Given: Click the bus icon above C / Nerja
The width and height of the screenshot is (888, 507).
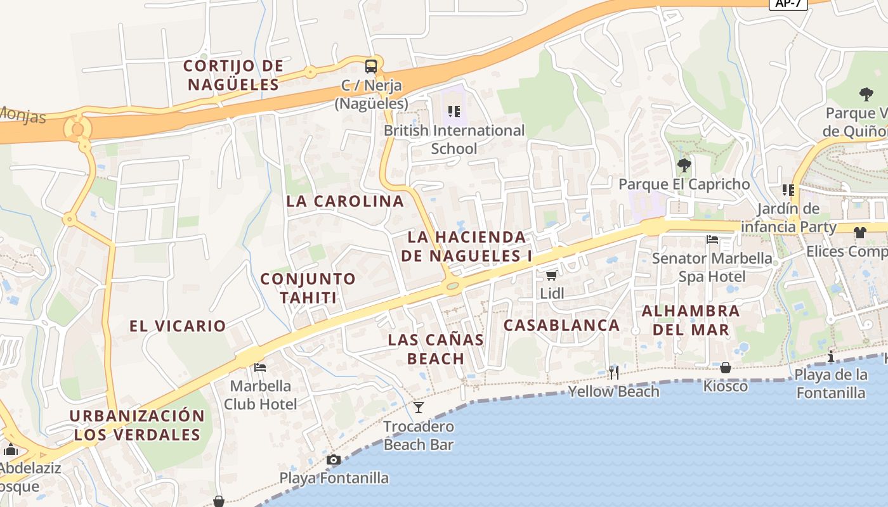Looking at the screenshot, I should pyautogui.click(x=370, y=66).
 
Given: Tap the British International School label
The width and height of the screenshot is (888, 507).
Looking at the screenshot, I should pyautogui.click(x=454, y=139).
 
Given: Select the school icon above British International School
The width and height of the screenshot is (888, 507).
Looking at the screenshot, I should pyautogui.click(x=454, y=112).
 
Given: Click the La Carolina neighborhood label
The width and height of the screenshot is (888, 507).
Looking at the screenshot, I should pyautogui.click(x=345, y=202).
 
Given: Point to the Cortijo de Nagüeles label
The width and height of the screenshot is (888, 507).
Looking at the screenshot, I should pyautogui.click(x=233, y=75).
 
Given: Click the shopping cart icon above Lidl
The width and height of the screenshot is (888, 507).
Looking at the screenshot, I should pyautogui.click(x=552, y=275).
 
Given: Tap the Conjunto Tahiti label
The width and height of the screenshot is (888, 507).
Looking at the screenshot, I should pyautogui.click(x=308, y=288).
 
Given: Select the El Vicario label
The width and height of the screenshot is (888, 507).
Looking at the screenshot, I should pyautogui.click(x=178, y=326).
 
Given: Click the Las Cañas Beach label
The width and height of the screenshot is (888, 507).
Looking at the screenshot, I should pyautogui.click(x=436, y=349).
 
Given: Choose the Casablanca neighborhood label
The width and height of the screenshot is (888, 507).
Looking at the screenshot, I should pyautogui.click(x=561, y=325).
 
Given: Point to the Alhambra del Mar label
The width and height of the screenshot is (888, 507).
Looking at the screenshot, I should pyautogui.click(x=691, y=320).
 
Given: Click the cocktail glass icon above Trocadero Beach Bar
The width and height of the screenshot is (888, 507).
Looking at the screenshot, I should pyautogui.click(x=419, y=407).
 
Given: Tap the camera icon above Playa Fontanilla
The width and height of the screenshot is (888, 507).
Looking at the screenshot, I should pyautogui.click(x=334, y=460).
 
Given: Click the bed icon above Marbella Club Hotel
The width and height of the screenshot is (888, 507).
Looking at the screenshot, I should pyautogui.click(x=260, y=367).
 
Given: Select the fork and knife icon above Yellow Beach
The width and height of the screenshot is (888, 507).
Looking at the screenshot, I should pyautogui.click(x=613, y=373).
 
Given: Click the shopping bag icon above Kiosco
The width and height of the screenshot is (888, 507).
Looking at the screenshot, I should pyautogui.click(x=726, y=368).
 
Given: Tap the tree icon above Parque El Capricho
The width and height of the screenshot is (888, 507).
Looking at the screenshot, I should pyautogui.click(x=684, y=166).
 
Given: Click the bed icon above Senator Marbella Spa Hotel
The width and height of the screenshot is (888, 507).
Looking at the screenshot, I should pyautogui.click(x=712, y=240).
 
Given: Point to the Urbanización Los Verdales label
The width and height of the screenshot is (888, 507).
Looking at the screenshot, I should pyautogui.click(x=137, y=425).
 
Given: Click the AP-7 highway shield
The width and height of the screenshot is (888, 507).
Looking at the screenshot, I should pyautogui.click(x=788, y=4).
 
